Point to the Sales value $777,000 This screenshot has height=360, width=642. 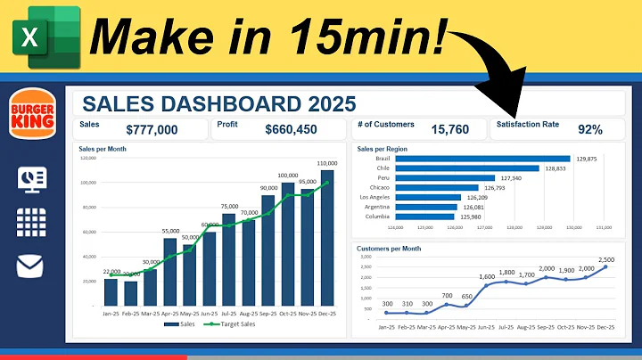tap(152, 130)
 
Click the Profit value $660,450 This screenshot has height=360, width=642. tap(291, 130)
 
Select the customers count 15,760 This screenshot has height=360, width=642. tap(449, 130)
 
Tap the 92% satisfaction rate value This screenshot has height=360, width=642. tap(590, 130)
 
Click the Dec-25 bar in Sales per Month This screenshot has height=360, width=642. tap(327, 237)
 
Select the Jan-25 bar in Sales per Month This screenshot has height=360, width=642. tap(111, 291)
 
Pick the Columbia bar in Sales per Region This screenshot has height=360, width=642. tap(424, 217)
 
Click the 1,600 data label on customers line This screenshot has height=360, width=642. tap(487, 277)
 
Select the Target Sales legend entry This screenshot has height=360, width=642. tap(229, 324)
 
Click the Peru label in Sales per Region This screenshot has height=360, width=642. tap(383, 178)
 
